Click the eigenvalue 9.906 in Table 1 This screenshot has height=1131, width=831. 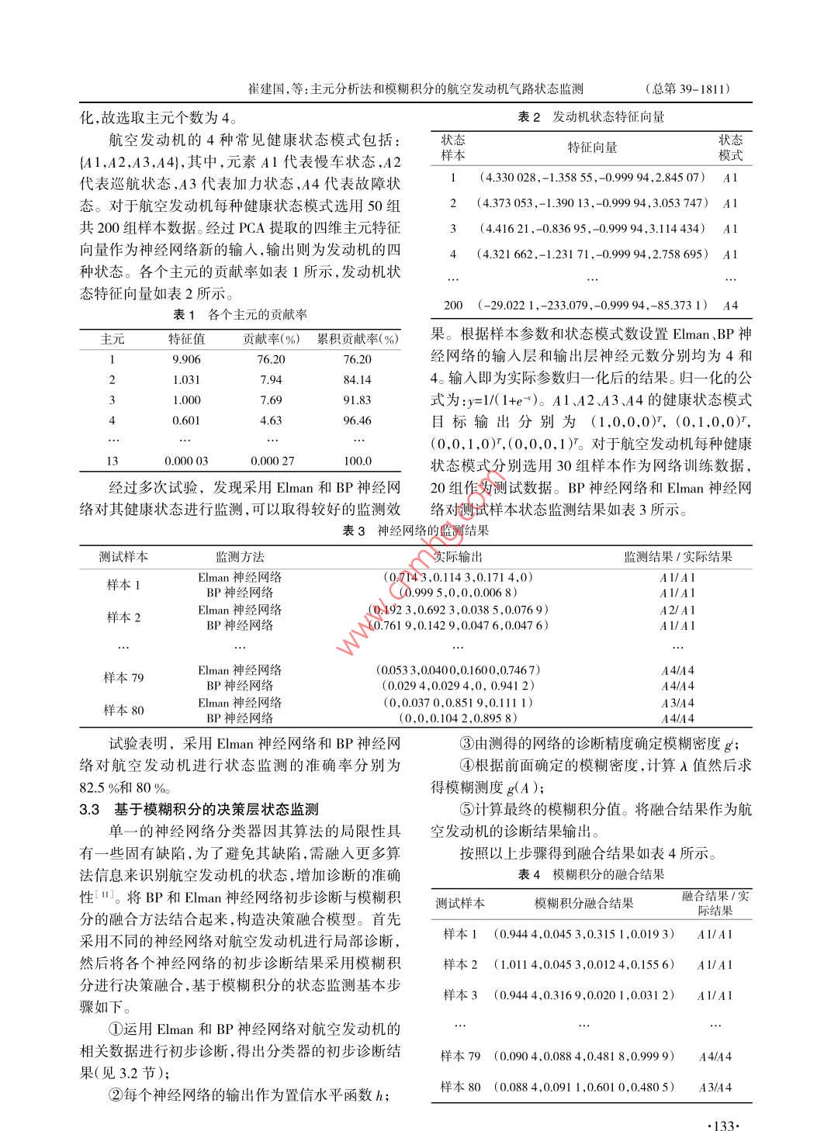(x=186, y=359)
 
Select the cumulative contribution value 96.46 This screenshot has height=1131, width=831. (x=357, y=420)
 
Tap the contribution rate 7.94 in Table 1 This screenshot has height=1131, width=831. (x=272, y=379)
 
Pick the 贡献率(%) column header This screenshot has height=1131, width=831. (x=271, y=339)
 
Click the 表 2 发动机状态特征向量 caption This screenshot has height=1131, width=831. (x=591, y=117)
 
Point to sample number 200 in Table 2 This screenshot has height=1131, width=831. (x=453, y=305)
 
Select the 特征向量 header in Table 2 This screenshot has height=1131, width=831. (x=592, y=147)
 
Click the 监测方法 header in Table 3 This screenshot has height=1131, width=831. (x=240, y=556)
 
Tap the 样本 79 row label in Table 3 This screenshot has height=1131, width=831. (x=123, y=677)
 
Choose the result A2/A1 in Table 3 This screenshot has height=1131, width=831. (x=677, y=610)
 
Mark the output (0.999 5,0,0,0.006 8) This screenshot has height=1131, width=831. (x=458, y=592)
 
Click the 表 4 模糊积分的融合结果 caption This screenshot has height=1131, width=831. (x=591, y=874)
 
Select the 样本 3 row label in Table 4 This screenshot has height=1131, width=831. (x=460, y=994)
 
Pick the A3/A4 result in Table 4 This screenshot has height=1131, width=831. (x=715, y=1087)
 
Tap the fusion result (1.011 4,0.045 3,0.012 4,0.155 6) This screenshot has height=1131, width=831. (x=584, y=964)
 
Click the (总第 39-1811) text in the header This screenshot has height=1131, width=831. (x=688, y=88)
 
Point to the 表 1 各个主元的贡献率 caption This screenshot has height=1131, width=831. (x=240, y=314)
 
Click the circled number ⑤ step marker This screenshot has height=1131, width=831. (x=466, y=809)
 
